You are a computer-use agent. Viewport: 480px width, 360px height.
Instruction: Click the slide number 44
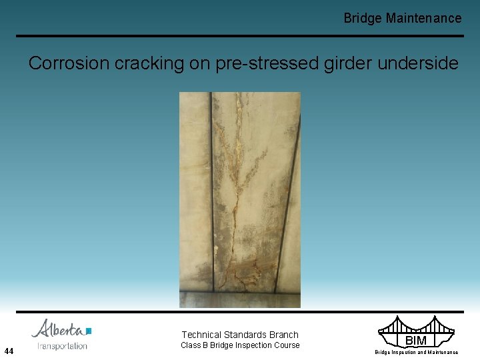pos(9,351)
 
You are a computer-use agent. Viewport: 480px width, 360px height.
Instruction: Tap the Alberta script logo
pos(58,329)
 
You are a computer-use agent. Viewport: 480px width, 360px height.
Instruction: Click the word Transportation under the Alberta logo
pos(62,345)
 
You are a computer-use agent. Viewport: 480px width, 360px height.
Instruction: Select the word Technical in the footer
pos(203,335)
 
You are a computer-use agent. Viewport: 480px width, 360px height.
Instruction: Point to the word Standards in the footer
pos(247,335)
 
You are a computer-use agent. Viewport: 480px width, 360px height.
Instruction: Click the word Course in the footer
pos(287,345)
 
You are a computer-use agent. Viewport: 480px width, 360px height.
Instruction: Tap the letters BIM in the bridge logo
pos(415,341)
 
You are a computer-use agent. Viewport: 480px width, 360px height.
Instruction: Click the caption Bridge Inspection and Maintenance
pos(416,352)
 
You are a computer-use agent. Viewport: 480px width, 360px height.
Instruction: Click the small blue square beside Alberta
pos(89,330)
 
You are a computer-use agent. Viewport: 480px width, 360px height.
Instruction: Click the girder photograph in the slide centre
pos(239,199)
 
